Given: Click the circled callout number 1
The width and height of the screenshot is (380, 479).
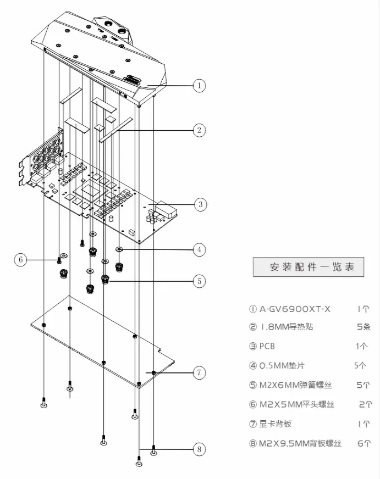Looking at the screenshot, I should pos(200,85).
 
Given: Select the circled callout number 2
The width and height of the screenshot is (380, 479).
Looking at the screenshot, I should pos(199,130).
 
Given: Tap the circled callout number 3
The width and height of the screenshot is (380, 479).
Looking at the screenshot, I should pos(200,204).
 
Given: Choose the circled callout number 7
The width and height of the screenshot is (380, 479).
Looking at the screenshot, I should pos(199,373).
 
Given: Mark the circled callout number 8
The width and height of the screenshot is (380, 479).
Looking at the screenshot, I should pos(199,449).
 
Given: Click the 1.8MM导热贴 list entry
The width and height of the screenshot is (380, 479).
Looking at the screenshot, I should pos(286,327).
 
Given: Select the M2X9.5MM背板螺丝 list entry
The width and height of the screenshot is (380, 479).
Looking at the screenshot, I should pos(300,443).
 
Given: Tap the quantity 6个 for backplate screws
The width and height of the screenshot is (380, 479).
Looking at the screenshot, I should pos(364,443).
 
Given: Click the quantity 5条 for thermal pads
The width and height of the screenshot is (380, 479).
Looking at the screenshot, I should pos(364,327).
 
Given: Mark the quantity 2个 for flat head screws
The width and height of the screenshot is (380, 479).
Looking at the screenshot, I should pos(365,405).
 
